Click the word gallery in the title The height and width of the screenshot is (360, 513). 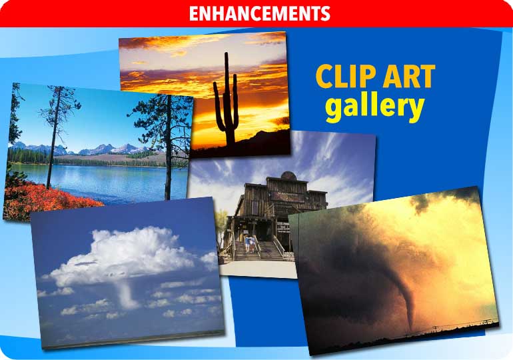tap(374, 107)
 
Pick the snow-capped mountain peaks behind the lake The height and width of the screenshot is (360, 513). tap(100, 149)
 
